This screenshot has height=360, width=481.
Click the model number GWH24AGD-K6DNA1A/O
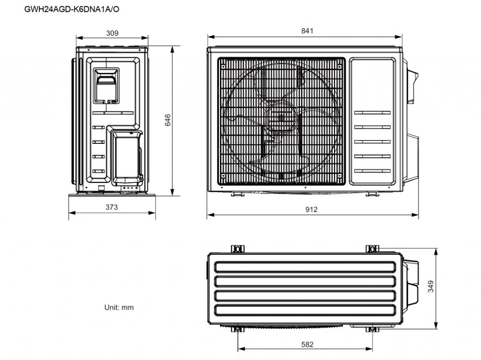point(72,9)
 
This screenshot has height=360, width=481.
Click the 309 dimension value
point(112,33)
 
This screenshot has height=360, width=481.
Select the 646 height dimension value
point(168,120)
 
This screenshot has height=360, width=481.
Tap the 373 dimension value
point(112,207)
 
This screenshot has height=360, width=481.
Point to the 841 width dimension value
point(307,31)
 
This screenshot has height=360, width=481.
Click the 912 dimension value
point(311,209)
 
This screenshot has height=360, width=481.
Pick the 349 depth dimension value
point(431,286)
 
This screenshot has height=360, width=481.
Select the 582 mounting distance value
point(307,344)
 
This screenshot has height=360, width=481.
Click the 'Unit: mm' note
point(119,307)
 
